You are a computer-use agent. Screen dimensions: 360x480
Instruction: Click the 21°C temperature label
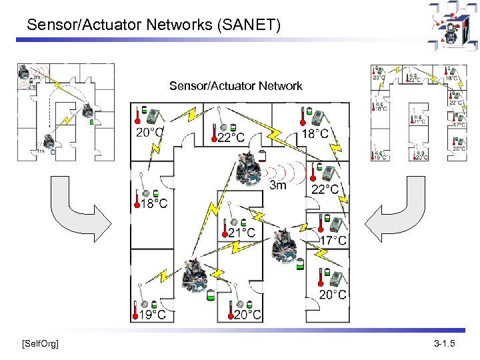[x=241, y=233]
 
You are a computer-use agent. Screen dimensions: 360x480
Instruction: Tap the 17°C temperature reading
[x=333, y=240]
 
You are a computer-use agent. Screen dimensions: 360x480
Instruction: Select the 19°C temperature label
[x=153, y=314]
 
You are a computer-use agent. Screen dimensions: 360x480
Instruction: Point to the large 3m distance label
[x=277, y=185]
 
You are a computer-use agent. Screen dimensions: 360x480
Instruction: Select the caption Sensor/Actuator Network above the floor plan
[x=235, y=86]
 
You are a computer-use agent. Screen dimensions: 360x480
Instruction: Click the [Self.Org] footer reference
[x=40, y=344]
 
